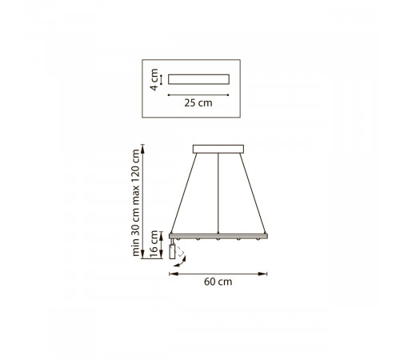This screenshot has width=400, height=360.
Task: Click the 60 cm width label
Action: (218, 282)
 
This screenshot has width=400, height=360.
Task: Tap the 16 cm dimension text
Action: (154, 244)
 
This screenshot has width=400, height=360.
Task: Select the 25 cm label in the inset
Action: (198, 103)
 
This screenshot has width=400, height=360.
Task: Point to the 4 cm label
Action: (154, 79)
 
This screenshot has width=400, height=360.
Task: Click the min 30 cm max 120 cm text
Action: (136, 202)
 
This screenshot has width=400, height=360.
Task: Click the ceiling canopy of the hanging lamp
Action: (218, 149)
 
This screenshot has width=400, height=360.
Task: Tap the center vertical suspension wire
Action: (218, 194)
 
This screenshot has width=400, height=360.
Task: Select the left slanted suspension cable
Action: (184, 194)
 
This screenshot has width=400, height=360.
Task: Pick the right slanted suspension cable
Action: (253, 194)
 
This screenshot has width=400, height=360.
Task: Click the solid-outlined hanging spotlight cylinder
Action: (172, 252)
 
